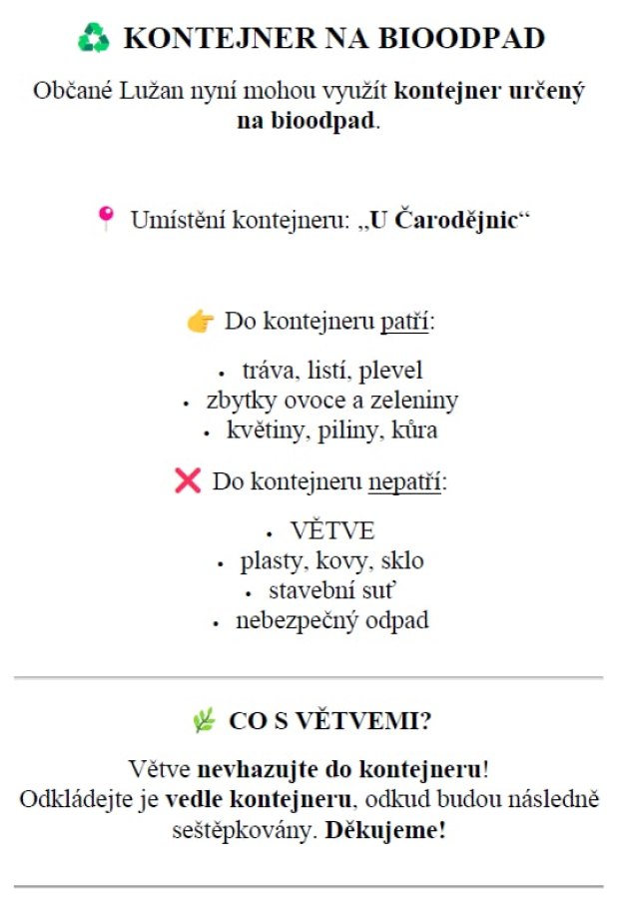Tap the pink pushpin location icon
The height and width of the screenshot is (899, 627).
click(106, 218)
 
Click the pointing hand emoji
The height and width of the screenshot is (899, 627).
click(200, 322)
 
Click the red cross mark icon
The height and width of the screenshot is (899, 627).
click(187, 481)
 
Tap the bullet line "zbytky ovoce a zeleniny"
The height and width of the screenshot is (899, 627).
click(331, 401)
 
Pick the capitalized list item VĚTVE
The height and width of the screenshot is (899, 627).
click(332, 530)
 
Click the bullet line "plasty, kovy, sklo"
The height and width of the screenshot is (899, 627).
click(331, 560)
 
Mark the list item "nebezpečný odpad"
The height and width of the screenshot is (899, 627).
click(331, 620)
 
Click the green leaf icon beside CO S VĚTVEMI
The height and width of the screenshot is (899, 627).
click(204, 721)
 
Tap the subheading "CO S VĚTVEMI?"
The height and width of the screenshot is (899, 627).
click(329, 721)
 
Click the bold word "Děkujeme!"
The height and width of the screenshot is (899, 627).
click(384, 830)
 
